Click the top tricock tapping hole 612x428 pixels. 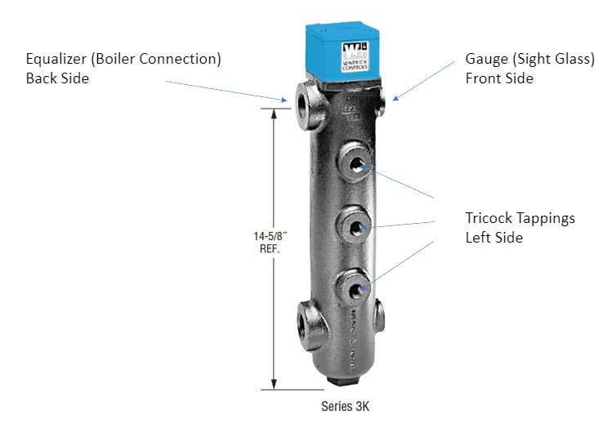pyautogui.click(x=356, y=163)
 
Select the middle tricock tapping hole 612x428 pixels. pyautogui.click(x=356, y=226)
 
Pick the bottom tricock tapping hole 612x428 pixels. pyautogui.click(x=356, y=289)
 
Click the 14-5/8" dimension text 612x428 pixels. pyautogui.click(x=267, y=235)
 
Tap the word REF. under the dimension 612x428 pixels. pyautogui.click(x=267, y=248)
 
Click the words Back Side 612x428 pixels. pyautogui.click(x=57, y=79)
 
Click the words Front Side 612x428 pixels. pyautogui.click(x=499, y=79)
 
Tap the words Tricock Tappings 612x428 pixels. pyautogui.click(x=520, y=218)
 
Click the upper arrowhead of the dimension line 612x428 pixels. pyautogui.click(x=275, y=111)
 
